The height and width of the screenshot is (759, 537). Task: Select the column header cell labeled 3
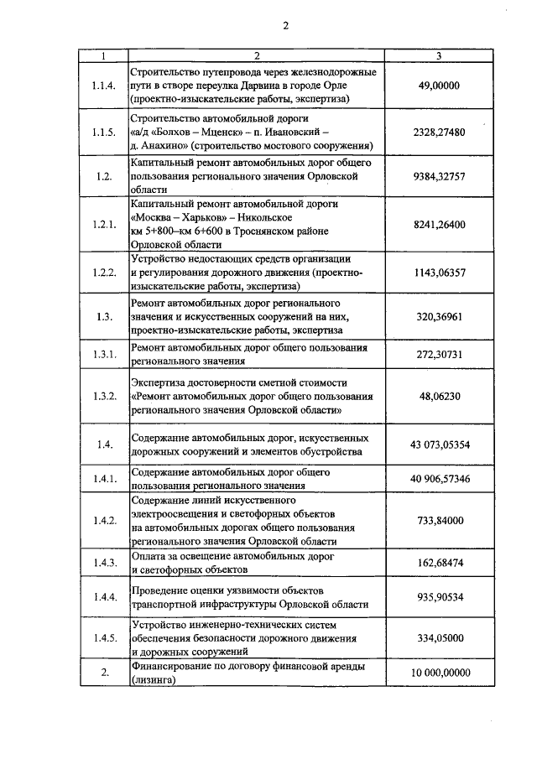pos(440,56)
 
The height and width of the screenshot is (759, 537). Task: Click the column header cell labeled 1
pos(103,56)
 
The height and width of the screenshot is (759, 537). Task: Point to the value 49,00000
pos(440,86)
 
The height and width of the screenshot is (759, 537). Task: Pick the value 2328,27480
pos(440,132)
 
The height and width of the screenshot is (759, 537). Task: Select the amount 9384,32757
pos(440,176)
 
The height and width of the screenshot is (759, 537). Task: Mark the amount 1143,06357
pos(440,273)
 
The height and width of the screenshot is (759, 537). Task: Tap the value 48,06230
pos(440,397)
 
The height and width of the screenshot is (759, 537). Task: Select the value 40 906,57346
pos(440,478)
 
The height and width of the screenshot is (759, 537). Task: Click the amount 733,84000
pos(440,520)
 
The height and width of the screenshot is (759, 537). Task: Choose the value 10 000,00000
pos(440,673)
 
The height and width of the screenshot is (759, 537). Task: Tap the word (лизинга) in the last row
pos(152,682)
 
